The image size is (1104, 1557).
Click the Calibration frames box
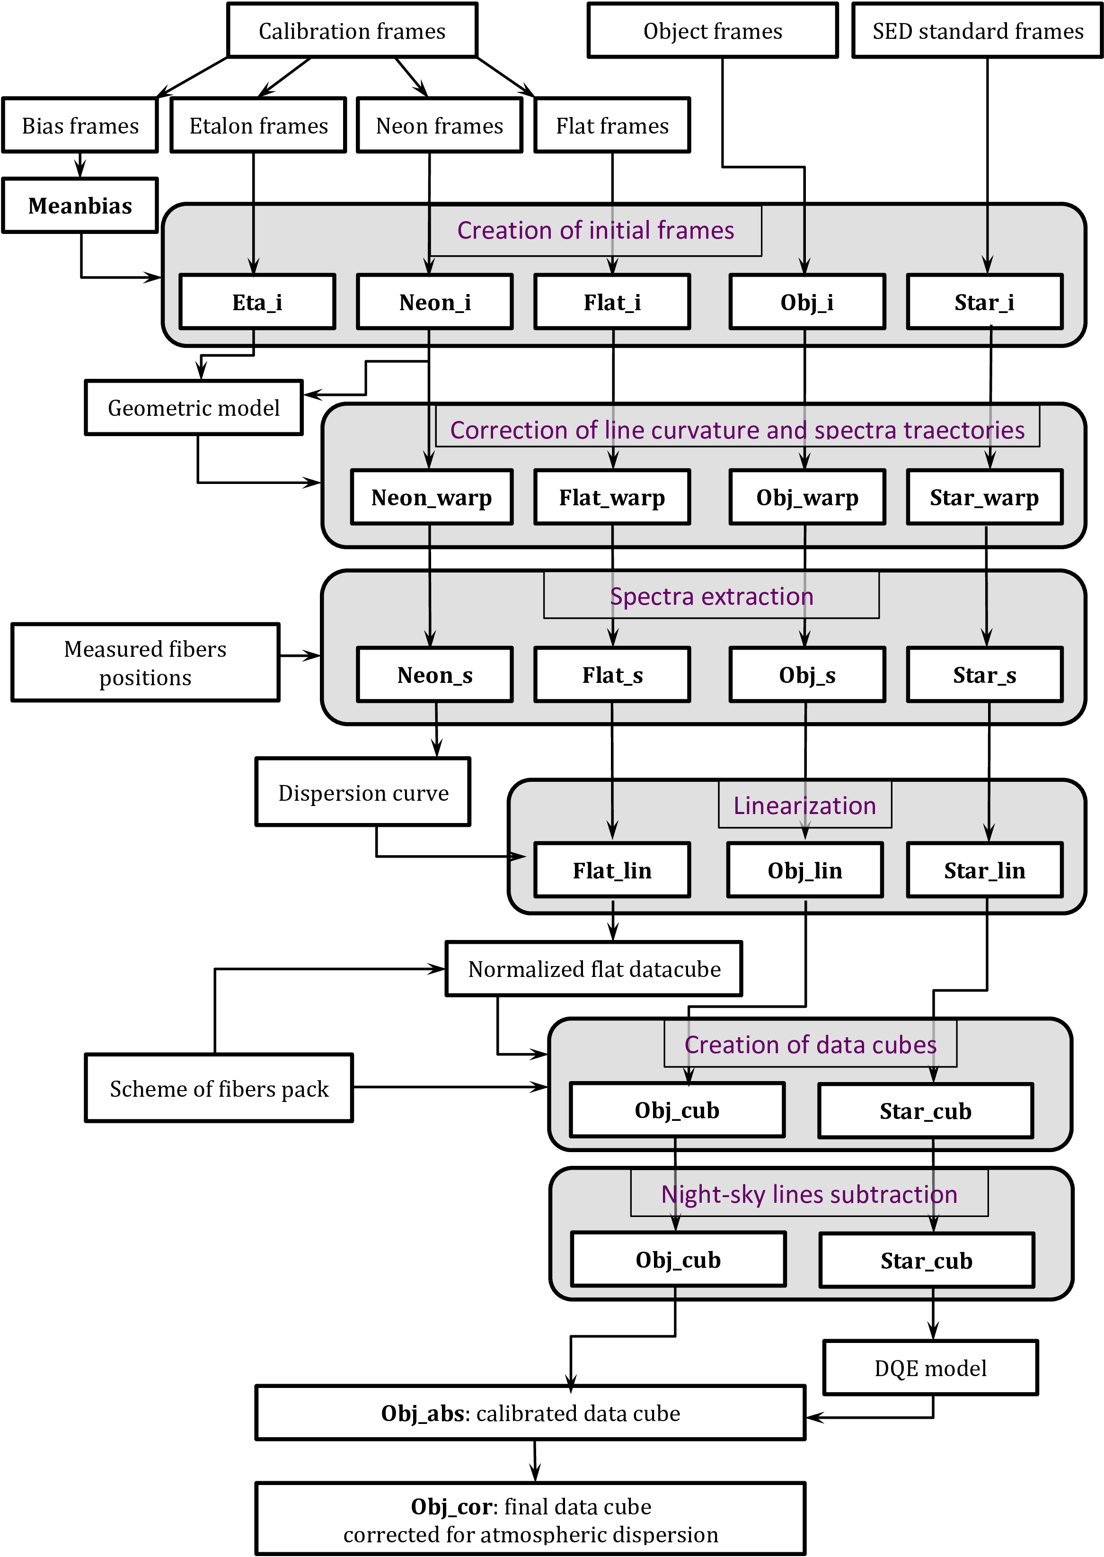click(x=352, y=31)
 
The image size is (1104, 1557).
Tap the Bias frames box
click(x=80, y=125)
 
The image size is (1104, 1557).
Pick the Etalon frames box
click(x=258, y=125)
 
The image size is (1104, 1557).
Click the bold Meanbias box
click(x=80, y=206)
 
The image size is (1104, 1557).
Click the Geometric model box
click(x=194, y=407)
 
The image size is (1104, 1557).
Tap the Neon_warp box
click(x=432, y=497)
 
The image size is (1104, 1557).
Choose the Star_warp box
click(x=984, y=497)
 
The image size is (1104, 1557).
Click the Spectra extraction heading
click(x=711, y=596)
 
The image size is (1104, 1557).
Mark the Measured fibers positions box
click(x=145, y=662)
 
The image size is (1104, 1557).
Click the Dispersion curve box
click(x=363, y=792)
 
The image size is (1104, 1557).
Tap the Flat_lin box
click(x=612, y=870)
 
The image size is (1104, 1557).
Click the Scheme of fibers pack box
click(x=219, y=1088)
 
